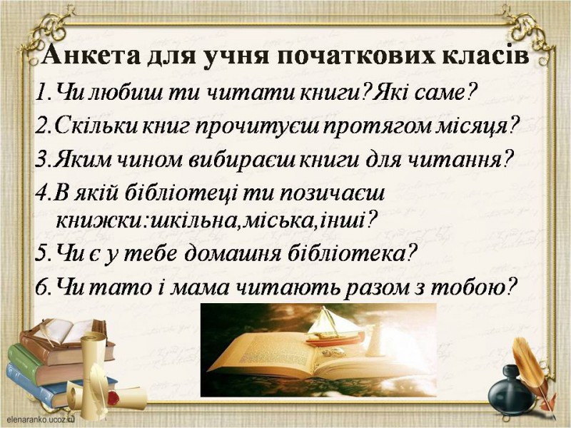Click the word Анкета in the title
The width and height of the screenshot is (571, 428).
(x=91, y=56)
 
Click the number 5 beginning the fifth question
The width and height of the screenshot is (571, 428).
(x=41, y=254)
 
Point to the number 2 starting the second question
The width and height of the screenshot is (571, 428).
(x=41, y=126)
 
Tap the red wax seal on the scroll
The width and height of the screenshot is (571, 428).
(x=113, y=397)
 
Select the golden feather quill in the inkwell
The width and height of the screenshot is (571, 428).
(x=530, y=371)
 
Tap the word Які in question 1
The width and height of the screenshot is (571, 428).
(x=392, y=93)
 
